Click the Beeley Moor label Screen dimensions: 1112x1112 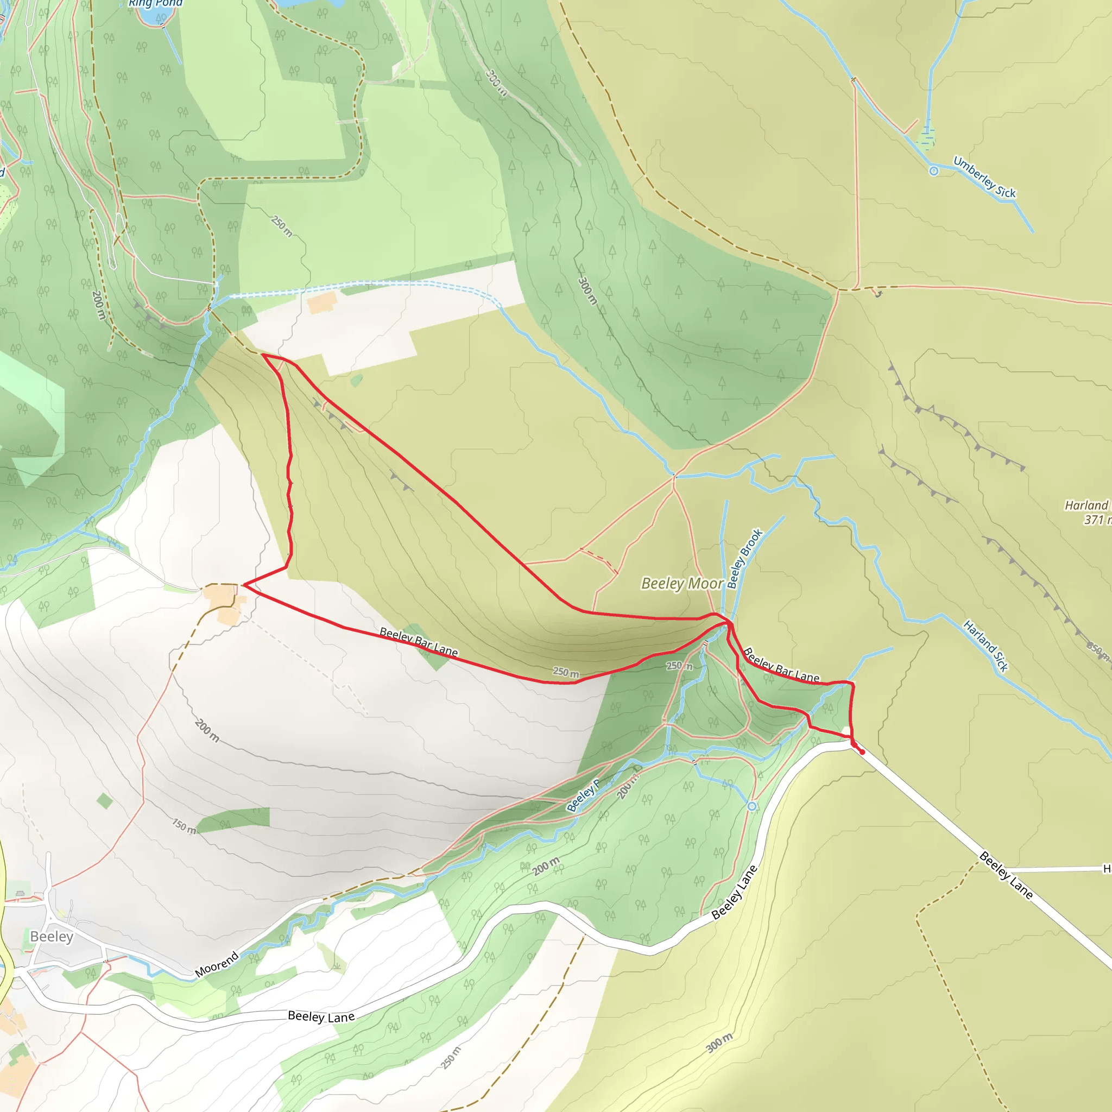coord(682,584)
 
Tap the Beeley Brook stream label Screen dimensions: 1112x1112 coord(745,558)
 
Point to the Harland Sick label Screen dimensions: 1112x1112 coord(986,646)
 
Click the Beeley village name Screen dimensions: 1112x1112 coord(52,937)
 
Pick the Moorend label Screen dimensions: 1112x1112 coord(217,965)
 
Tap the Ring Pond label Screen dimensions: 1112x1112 coord(155,3)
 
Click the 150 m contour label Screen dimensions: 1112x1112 coord(184,826)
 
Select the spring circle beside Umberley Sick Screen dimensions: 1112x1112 coord(933,171)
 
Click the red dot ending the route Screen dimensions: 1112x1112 coord(862,752)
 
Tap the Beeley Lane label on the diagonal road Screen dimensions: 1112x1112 coord(1006,875)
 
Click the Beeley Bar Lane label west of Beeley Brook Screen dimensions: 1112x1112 coord(419,642)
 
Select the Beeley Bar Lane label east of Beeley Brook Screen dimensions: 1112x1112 coord(781,666)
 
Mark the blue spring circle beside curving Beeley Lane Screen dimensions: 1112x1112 coord(751,806)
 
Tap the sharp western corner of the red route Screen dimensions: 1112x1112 coord(244,585)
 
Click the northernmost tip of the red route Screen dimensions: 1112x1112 coord(263,355)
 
